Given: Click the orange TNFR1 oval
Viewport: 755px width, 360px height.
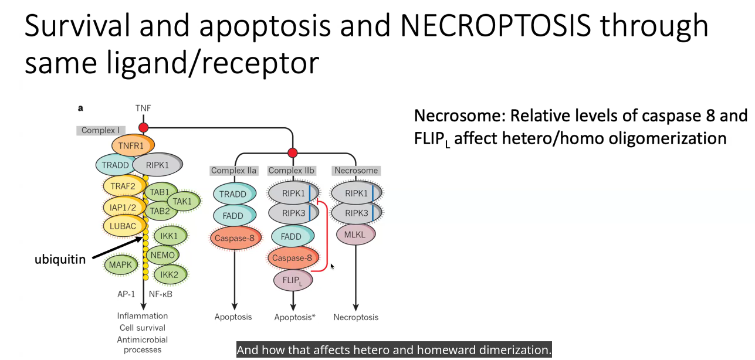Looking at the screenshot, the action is pos(133,145).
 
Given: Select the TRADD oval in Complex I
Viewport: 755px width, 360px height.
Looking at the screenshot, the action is pos(115,165).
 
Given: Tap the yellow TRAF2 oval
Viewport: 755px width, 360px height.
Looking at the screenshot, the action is pos(123,186).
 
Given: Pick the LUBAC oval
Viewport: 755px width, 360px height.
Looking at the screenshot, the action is pos(123,226).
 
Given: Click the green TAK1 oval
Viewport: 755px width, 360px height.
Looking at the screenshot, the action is pos(183,201).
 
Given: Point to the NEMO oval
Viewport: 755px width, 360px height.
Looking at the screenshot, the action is pos(163,255).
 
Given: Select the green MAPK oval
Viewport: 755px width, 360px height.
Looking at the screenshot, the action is pos(121,264).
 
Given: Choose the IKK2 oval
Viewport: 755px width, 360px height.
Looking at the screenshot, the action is pos(170,274).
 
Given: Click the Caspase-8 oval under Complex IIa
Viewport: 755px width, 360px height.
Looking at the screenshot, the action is pos(235,238).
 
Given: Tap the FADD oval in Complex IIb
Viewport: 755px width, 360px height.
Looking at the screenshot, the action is pos(292,236).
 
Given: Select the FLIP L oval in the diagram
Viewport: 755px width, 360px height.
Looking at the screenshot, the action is pos(293,280).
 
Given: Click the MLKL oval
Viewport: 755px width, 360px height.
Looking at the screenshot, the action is pos(356,235).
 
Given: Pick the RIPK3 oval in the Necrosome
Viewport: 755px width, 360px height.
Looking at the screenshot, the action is pos(356,213).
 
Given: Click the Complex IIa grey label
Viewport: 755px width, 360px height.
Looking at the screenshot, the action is pos(233,171).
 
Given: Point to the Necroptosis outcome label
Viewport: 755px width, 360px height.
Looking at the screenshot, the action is pos(356,317).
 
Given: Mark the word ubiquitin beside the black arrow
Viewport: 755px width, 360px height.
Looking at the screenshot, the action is pos(60,259).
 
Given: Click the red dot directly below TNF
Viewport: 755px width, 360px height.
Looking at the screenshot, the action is pos(144,128).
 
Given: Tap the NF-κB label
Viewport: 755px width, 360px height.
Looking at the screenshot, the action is pos(160,294).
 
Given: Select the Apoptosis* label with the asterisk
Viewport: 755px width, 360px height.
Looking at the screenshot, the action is pos(294,317).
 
